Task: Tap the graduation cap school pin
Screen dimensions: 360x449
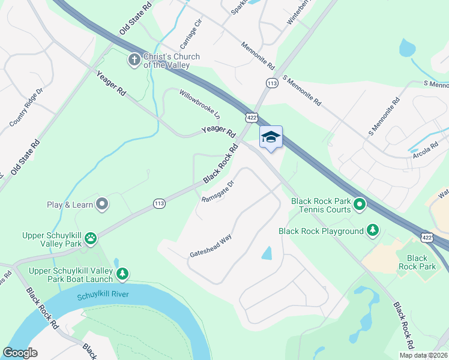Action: [270, 137]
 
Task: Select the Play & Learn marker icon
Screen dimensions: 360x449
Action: [102, 205]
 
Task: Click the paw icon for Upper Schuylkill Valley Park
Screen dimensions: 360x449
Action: [91, 239]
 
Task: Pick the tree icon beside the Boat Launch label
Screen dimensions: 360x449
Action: [122, 274]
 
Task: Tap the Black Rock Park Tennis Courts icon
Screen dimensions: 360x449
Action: [360, 205]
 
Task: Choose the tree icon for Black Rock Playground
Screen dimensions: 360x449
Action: [373, 230]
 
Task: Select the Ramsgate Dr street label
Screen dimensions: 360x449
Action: [217, 191]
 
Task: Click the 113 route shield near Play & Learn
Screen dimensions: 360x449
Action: [158, 204]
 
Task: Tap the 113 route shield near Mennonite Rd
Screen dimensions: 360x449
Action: [272, 84]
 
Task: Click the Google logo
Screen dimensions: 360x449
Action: [20, 353]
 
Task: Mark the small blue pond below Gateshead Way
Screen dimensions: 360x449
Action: [267, 253]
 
